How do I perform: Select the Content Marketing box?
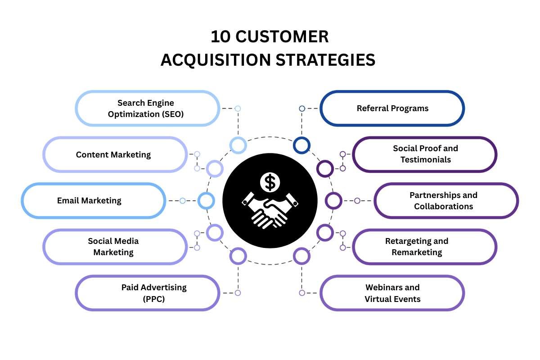(x=115, y=155)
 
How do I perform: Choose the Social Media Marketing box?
(x=115, y=247)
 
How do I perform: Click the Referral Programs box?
(x=392, y=108)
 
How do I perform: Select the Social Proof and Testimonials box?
(x=425, y=154)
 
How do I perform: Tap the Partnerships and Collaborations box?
(x=446, y=201)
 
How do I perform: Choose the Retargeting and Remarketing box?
(x=425, y=247)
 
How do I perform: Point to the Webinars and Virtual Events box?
(x=392, y=293)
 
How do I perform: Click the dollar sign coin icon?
(x=270, y=182)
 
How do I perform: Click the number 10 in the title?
(x=220, y=37)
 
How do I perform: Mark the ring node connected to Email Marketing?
(x=206, y=201)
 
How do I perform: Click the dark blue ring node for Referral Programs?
(x=301, y=145)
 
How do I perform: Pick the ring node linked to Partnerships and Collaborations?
(x=333, y=201)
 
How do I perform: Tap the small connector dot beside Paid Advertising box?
(x=238, y=293)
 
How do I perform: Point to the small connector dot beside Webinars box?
(x=302, y=293)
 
